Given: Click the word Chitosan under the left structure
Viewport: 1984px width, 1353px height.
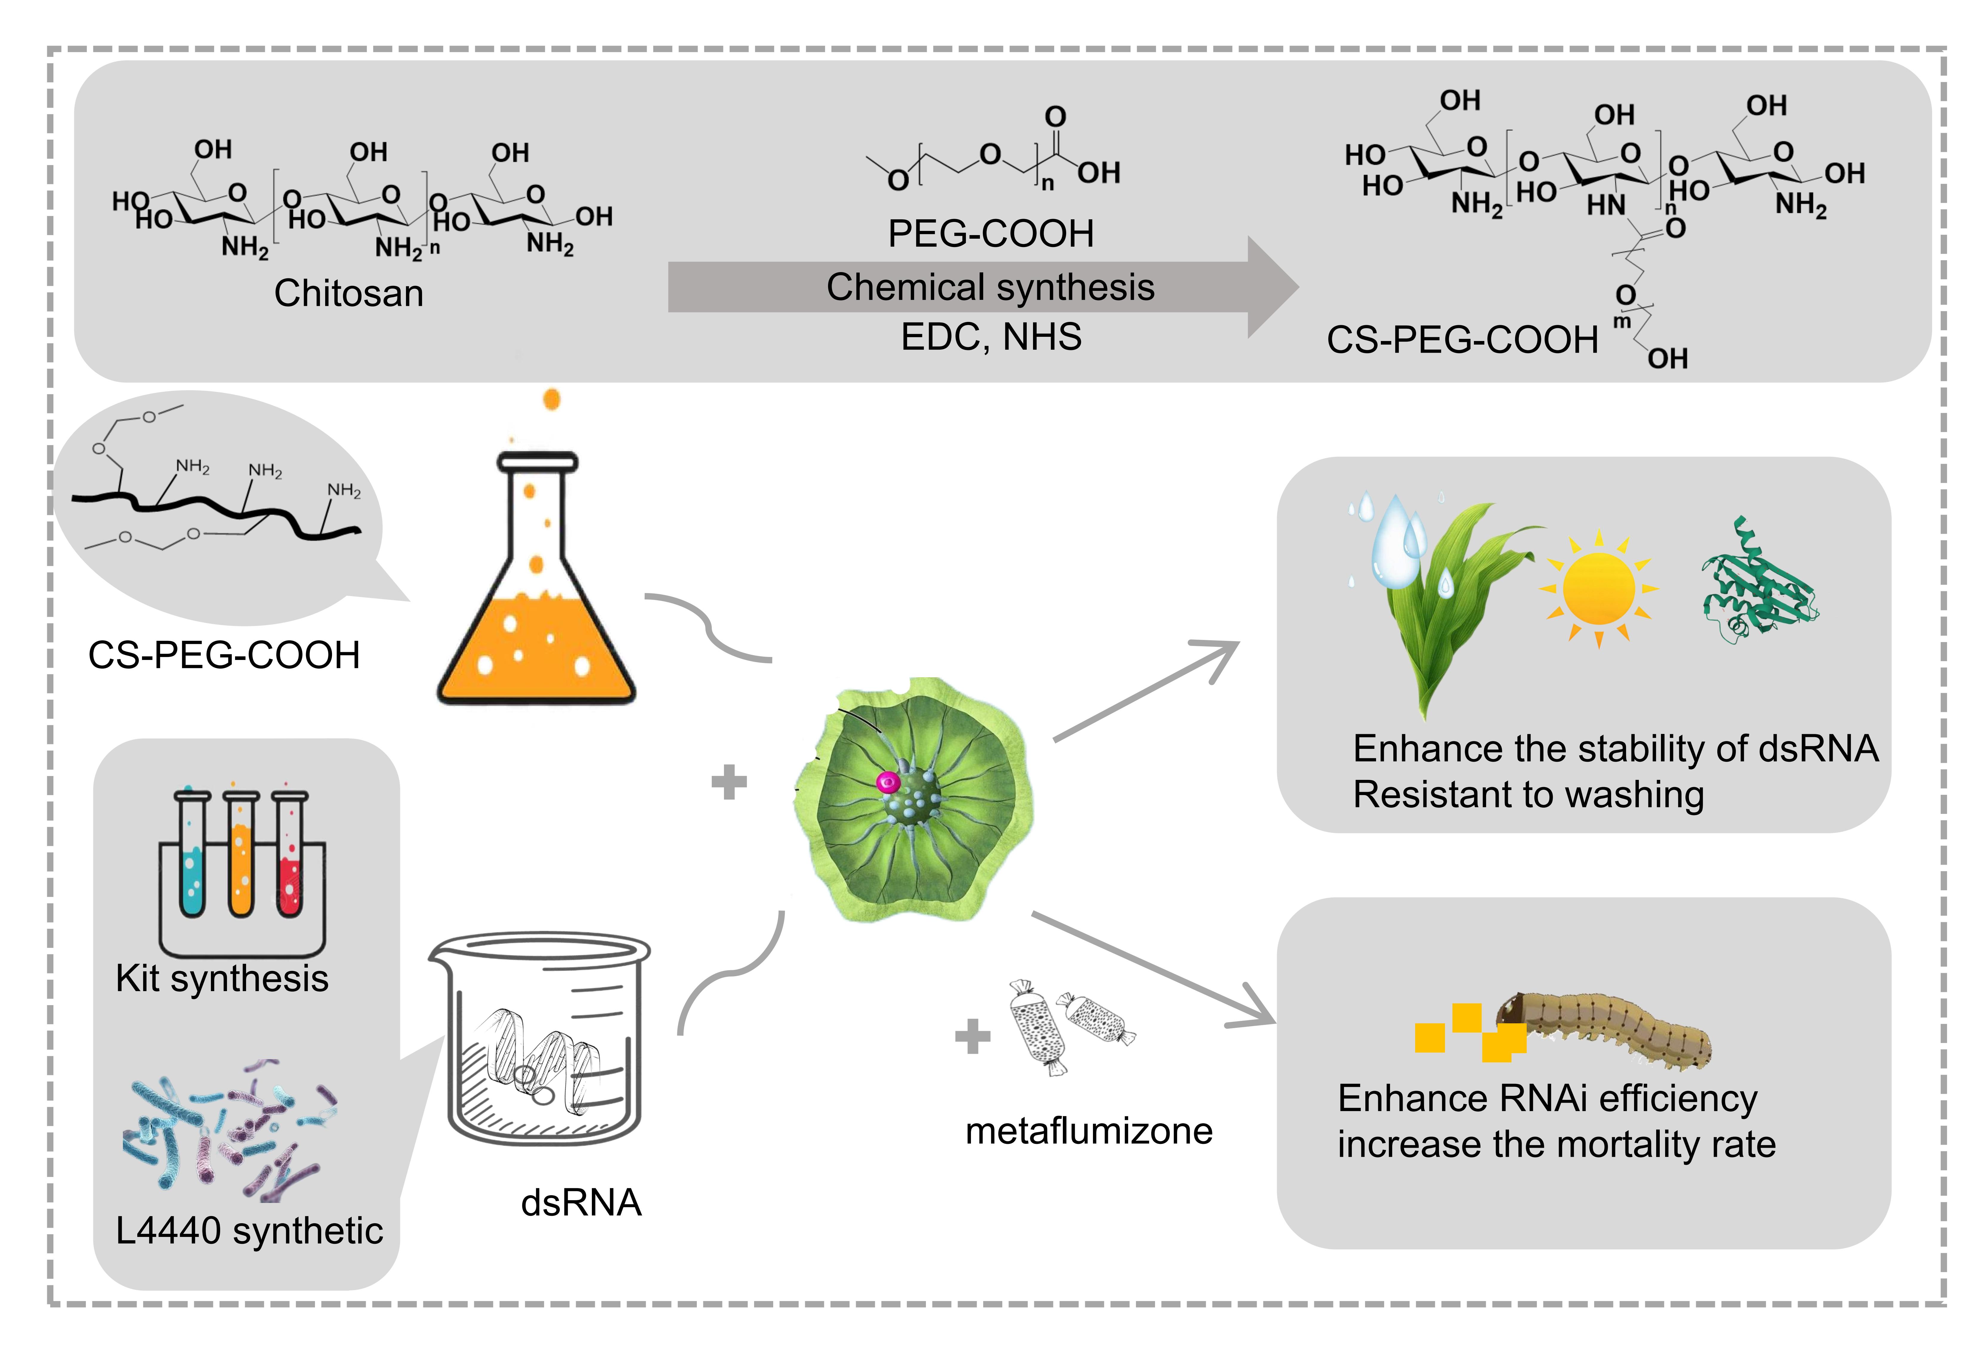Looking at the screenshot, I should pos(348,294).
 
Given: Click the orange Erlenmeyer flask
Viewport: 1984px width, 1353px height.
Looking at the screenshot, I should pos(536,598).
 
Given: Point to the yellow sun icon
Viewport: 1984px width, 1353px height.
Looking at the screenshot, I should pos(1598,589).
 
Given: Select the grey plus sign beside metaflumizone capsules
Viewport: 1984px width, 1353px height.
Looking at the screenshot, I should pos(972,1037).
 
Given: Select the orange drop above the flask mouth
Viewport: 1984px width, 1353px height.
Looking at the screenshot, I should pos(552,399).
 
